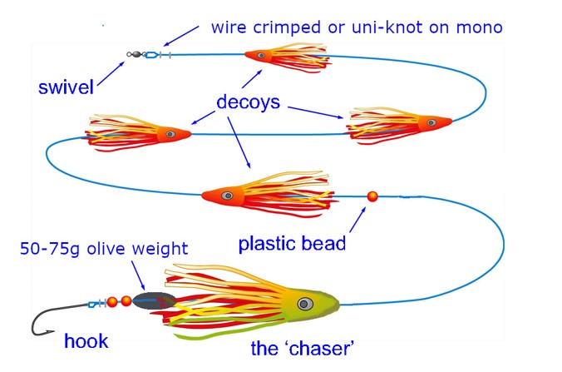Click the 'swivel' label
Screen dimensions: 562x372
[x=66, y=87]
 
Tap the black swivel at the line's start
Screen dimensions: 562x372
[x=136, y=55]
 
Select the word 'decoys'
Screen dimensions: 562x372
[x=248, y=102]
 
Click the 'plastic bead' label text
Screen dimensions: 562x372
[x=292, y=244]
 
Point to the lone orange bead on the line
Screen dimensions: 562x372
[x=372, y=196]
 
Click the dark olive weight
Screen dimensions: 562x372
[x=154, y=300]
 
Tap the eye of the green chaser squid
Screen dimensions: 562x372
[x=305, y=305]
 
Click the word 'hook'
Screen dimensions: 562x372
[x=86, y=340]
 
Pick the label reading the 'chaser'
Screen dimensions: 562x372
[x=303, y=349]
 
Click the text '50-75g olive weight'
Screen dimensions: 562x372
[x=104, y=249]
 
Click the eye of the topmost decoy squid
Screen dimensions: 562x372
[x=261, y=55]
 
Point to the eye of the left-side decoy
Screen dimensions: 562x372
[x=170, y=134]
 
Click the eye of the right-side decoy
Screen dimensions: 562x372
[x=432, y=122]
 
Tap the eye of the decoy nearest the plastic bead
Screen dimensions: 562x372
[x=227, y=196]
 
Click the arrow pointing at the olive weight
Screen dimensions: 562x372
[x=138, y=275]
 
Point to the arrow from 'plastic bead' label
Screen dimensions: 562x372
[x=357, y=220]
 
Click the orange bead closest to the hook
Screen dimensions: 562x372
[x=112, y=302]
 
